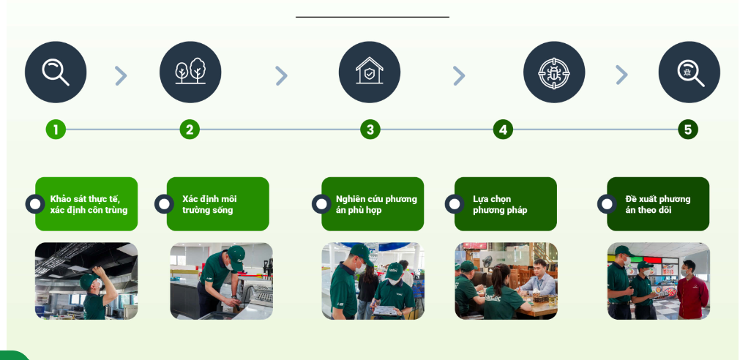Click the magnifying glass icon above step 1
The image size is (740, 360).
[56, 72]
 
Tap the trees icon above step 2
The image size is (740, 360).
[190, 72]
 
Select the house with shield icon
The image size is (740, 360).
[370, 72]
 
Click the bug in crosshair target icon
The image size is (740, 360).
[554, 72]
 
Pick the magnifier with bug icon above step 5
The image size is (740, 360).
[689, 72]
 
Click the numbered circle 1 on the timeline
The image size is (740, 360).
[56, 130]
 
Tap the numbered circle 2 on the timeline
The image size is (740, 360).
[190, 130]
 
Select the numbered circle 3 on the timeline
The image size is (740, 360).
[370, 130]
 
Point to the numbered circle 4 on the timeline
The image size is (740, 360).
[503, 130]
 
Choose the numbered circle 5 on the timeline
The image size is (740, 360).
[688, 130]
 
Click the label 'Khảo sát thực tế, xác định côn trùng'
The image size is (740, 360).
[89, 204]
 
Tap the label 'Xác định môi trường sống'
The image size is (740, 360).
[209, 204]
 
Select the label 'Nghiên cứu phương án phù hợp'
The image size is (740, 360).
[377, 204]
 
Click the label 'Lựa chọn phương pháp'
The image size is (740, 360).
[500, 204]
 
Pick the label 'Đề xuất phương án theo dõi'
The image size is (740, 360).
[658, 204]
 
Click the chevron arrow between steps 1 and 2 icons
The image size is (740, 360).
[122, 75]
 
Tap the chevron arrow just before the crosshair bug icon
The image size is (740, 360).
[459, 75]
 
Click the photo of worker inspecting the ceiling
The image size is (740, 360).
[86, 281]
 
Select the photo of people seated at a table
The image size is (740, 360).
[506, 281]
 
